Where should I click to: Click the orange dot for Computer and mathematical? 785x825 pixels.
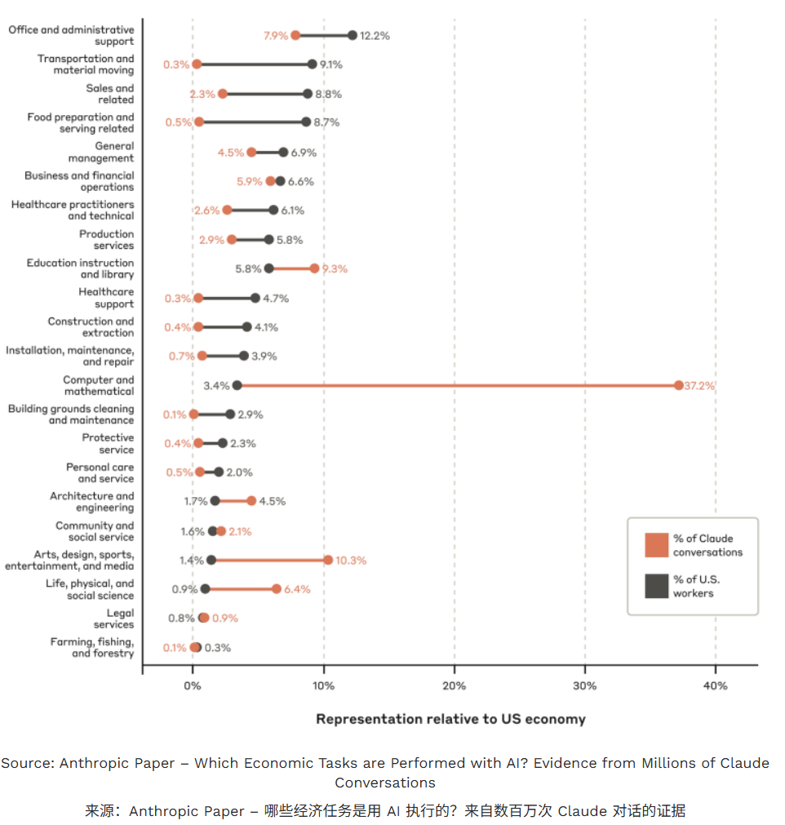(x=679, y=385)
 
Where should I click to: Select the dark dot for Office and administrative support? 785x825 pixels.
(x=353, y=35)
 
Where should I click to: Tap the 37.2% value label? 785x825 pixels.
(x=700, y=385)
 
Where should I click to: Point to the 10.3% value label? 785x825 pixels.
(x=351, y=561)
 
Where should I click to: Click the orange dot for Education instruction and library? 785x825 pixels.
(x=314, y=268)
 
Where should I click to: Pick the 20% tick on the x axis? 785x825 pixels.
(x=455, y=686)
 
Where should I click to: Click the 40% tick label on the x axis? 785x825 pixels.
(x=716, y=686)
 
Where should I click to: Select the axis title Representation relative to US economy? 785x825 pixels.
(x=450, y=719)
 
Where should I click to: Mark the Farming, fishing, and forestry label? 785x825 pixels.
(x=92, y=648)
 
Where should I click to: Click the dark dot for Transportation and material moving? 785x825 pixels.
(x=312, y=64)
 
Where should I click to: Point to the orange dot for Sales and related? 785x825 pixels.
(x=223, y=94)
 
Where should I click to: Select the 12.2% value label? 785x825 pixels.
(x=375, y=35)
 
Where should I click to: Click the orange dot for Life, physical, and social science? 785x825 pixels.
(x=277, y=589)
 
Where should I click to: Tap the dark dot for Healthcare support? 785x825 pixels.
(x=255, y=298)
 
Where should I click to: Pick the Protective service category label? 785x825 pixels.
(x=108, y=444)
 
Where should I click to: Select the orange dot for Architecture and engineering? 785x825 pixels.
(x=251, y=501)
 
